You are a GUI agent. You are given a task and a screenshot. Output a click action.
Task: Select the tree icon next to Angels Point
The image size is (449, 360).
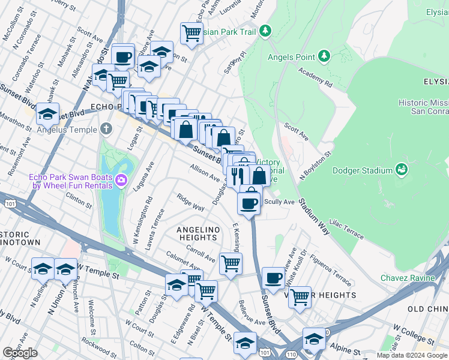tap(324, 56)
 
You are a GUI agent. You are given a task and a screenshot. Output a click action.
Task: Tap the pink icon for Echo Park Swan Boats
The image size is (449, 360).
tap(121, 180)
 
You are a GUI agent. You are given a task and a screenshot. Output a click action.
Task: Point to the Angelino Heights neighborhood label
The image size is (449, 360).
tap(196, 233)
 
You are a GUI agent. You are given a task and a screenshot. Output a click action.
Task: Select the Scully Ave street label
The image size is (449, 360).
tap(279, 202)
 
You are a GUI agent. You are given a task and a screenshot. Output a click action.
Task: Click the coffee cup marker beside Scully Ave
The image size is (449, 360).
tap(249, 203)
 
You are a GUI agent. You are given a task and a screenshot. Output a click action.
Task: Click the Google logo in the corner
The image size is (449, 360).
tap(20, 353)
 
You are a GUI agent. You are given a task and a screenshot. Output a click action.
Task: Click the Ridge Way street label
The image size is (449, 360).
tap(191, 202)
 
